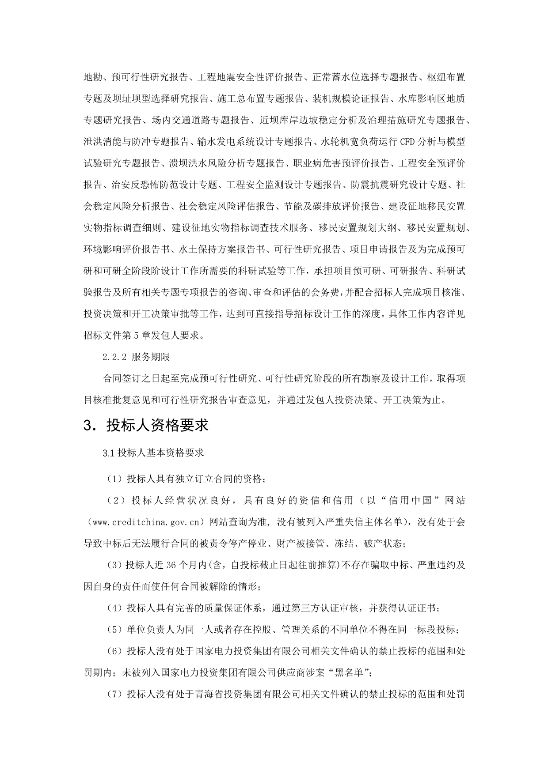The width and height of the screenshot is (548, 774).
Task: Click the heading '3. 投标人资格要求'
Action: pyautogui.click(x=146, y=425)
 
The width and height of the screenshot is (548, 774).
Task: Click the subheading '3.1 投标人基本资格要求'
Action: pyautogui.click(x=153, y=453)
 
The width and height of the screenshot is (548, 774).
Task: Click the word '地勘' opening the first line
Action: pyautogui.click(x=93, y=77)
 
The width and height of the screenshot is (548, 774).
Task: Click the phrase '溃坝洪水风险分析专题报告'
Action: pyautogui.click(x=227, y=163)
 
